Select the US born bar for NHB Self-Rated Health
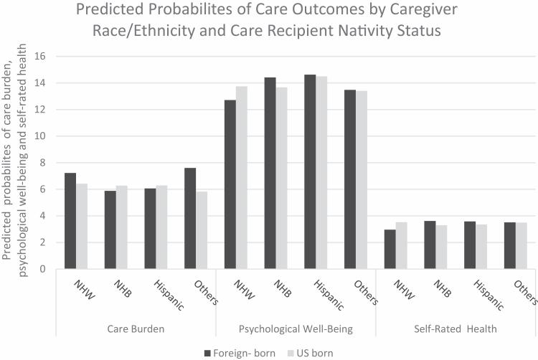pyautogui.click(x=441, y=247)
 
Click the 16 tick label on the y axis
pyautogui.click(x=41, y=57)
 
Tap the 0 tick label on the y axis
pyautogui.click(x=44, y=269)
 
